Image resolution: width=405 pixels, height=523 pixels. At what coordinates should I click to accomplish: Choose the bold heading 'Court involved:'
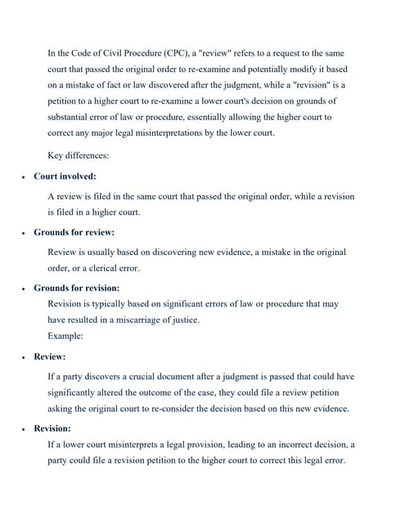tap(65, 176)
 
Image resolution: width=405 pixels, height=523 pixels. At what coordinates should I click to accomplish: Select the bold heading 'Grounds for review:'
tap(74, 232)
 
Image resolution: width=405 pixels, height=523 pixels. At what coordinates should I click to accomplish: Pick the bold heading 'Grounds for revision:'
tap(77, 288)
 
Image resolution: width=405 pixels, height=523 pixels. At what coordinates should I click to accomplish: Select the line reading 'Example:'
tap(65, 336)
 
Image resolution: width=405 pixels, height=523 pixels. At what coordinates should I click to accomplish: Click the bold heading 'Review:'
tap(50, 357)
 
